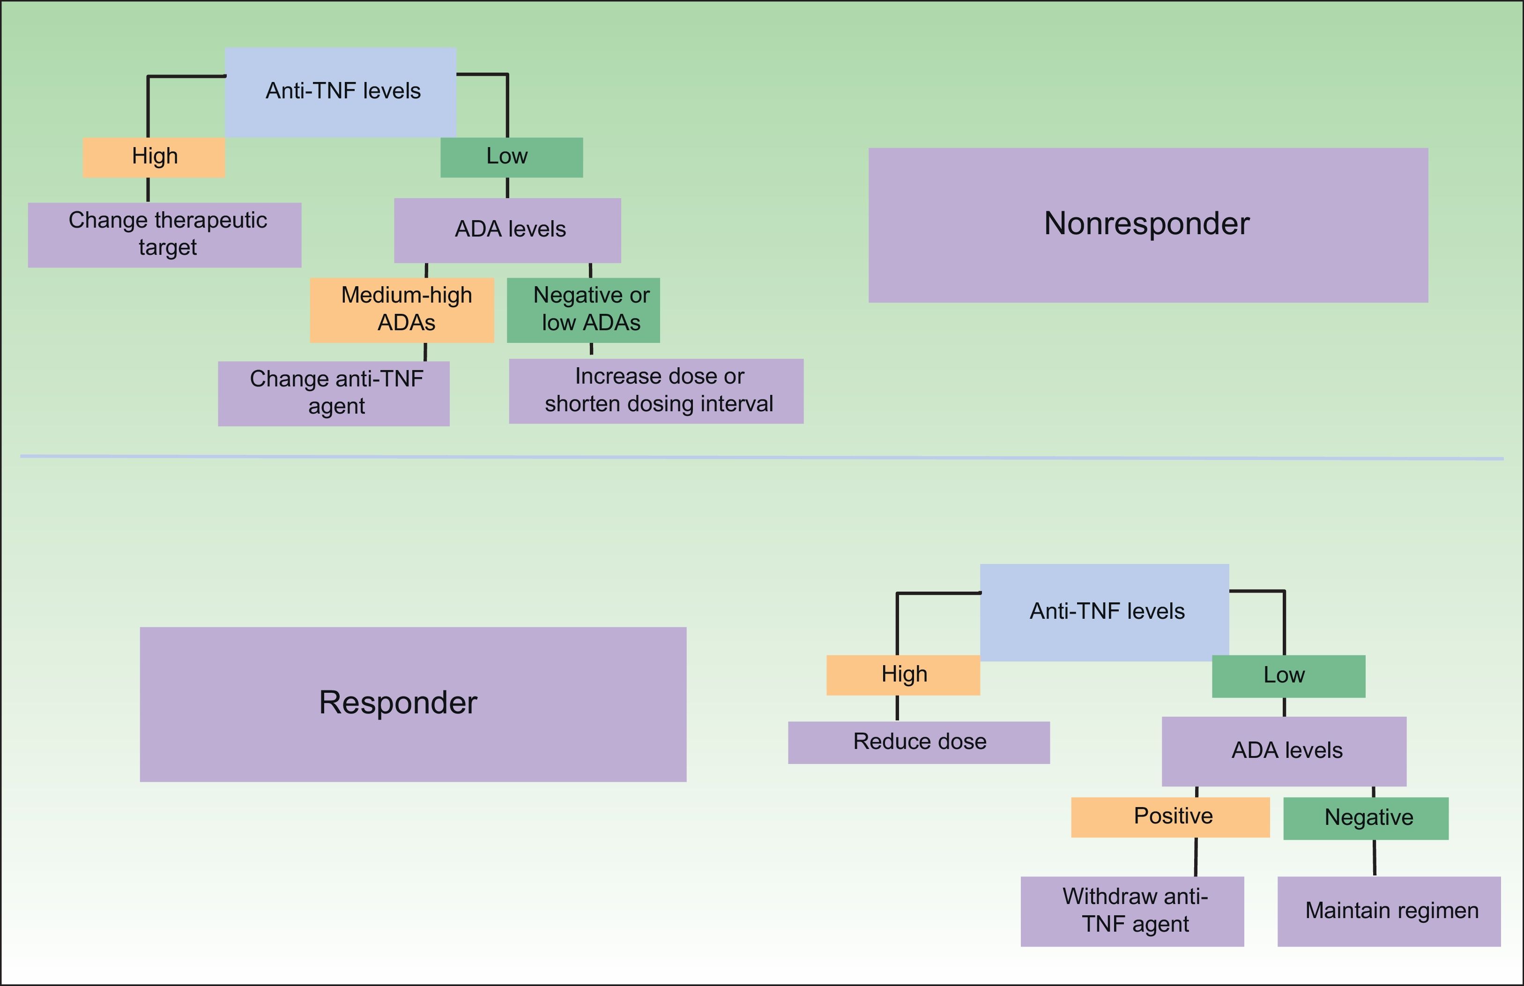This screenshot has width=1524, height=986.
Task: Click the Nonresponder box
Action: pos(1148,225)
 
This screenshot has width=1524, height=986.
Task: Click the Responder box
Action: pos(413,704)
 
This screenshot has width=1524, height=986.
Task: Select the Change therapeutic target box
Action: pos(164,235)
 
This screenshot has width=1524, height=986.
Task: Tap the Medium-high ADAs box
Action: pos(402,310)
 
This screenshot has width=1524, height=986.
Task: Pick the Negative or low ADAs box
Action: pos(583,310)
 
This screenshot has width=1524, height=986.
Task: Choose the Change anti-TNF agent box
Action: pos(334,394)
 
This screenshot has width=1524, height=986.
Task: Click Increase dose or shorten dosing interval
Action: pos(656,391)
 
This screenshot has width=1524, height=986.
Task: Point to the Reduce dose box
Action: pos(919,743)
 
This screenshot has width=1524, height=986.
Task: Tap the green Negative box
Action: pos(1366,818)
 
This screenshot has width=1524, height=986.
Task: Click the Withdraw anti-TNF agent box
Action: pos(1132,912)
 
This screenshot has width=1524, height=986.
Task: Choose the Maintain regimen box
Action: pos(1389,912)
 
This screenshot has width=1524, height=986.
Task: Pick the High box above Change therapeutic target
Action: pos(154,157)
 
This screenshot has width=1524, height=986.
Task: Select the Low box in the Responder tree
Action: pos(1289,676)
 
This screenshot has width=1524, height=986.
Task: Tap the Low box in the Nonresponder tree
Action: pos(512,157)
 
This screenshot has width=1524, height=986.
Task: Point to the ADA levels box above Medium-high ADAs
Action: pos(508,230)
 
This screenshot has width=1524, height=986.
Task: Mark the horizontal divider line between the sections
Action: pos(762,457)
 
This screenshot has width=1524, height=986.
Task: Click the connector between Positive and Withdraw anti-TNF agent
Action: pos(1196,857)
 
